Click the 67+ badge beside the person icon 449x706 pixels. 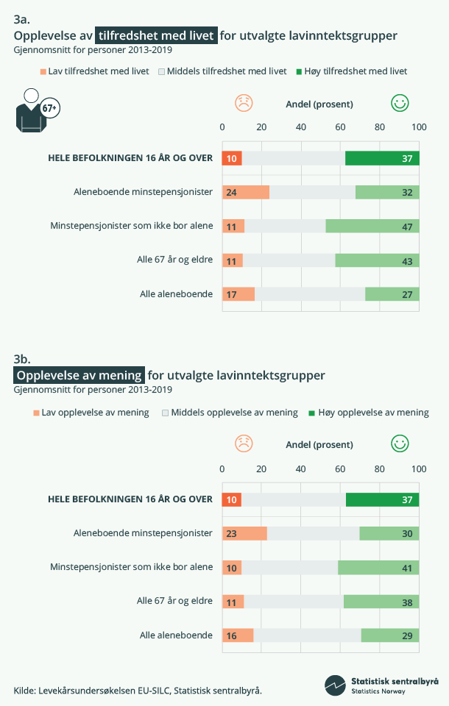(50, 108)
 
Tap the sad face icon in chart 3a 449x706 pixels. (244, 104)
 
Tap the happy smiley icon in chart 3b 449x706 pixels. (400, 443)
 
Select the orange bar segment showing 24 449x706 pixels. (246, 192)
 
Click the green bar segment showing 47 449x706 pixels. (372, 226)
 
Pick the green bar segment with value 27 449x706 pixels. (392, 294)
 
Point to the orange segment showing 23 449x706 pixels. (244, 533)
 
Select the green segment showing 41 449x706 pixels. (378, 567)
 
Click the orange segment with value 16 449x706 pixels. (238, 635)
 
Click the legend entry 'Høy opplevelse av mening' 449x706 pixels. (367, 413)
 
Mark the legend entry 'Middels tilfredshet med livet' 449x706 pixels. (221, 71)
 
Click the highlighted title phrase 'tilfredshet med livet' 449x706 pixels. (156, 35)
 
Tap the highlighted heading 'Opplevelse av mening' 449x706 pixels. (79, 375)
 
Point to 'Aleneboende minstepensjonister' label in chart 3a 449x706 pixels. (143, 192)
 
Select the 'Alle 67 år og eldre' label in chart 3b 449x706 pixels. (174, 601)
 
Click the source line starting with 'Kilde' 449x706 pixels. (138, 690)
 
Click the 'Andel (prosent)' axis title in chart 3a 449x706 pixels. (319, 104)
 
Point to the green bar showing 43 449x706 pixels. (377, 260)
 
